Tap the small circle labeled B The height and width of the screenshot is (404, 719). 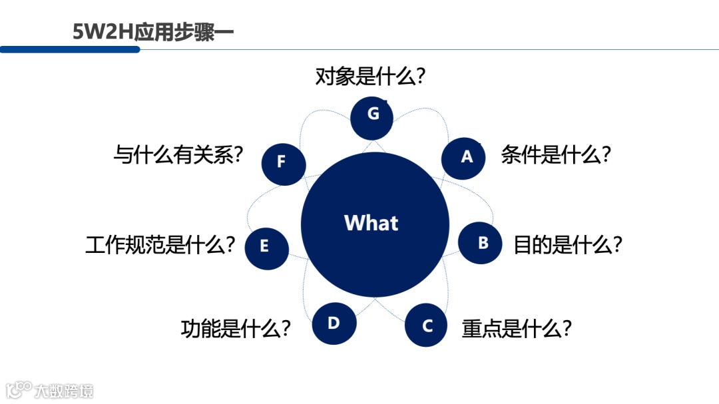(x=481, y=243)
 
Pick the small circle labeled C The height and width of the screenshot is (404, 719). (x=427, y=325)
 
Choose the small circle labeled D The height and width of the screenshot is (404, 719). (x=334, y=323)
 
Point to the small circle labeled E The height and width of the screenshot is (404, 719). (x=266, y=246)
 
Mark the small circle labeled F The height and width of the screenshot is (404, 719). (x=283, y=162)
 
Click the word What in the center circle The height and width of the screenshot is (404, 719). (x=371, y=222)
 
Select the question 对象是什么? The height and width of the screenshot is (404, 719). (x=370, y=77)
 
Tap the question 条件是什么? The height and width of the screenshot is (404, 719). (x=556, y=155)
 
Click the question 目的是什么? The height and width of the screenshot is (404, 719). (x=567, y=245)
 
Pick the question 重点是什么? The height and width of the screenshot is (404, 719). (x=517, y=328)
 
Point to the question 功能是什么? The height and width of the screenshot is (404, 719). (x=236, y=328)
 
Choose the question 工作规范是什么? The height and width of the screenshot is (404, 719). (x=160, y=245)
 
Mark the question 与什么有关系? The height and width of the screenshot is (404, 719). (x=178, y=155)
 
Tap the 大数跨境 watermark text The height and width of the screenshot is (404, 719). (x=65, y=390)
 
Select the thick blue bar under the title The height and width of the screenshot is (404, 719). (x=70, y=49)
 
